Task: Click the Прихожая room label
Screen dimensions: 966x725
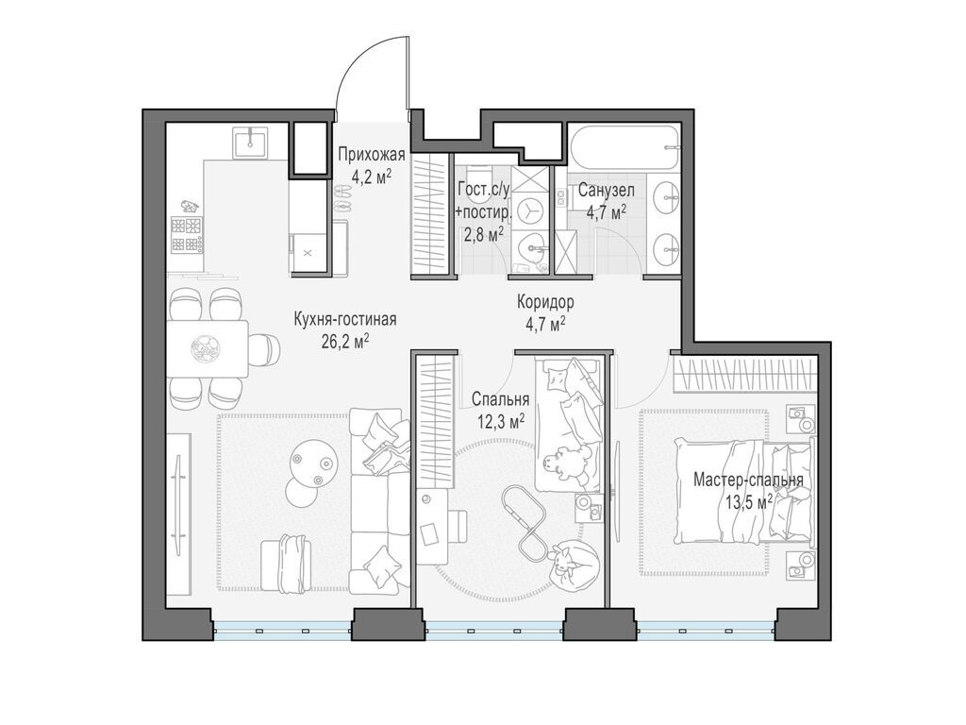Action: click(371, 154)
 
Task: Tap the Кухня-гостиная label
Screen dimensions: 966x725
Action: click(345, 319)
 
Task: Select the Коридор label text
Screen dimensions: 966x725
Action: click(545, 302)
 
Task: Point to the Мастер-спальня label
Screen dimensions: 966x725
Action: click(748, 481)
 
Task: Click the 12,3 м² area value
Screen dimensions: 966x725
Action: click(500, 421)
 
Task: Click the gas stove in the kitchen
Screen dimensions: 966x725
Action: click(187, 235)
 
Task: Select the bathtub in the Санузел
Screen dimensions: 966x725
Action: click(624, 148)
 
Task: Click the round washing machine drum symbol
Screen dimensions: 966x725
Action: click(529, 212)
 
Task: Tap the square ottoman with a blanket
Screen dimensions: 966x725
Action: click(285, 564)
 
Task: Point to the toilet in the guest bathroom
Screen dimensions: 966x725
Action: click(476, 175)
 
